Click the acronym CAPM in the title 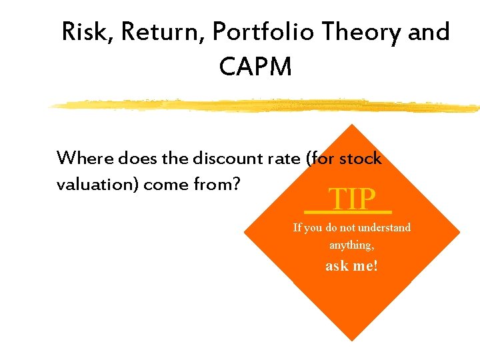tap(255, 66)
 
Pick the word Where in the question tap(85, 159)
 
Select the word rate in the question tap(284, 159)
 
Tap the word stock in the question tap(361, 159)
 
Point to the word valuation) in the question tap(97, 184)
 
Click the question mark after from tap(235, 184)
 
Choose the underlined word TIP tap(352, 199)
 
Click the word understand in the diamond tap(383, 228)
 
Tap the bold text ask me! tap(351, 266)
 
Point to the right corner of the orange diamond tap(459, 233)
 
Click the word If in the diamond tap(297, 228)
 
